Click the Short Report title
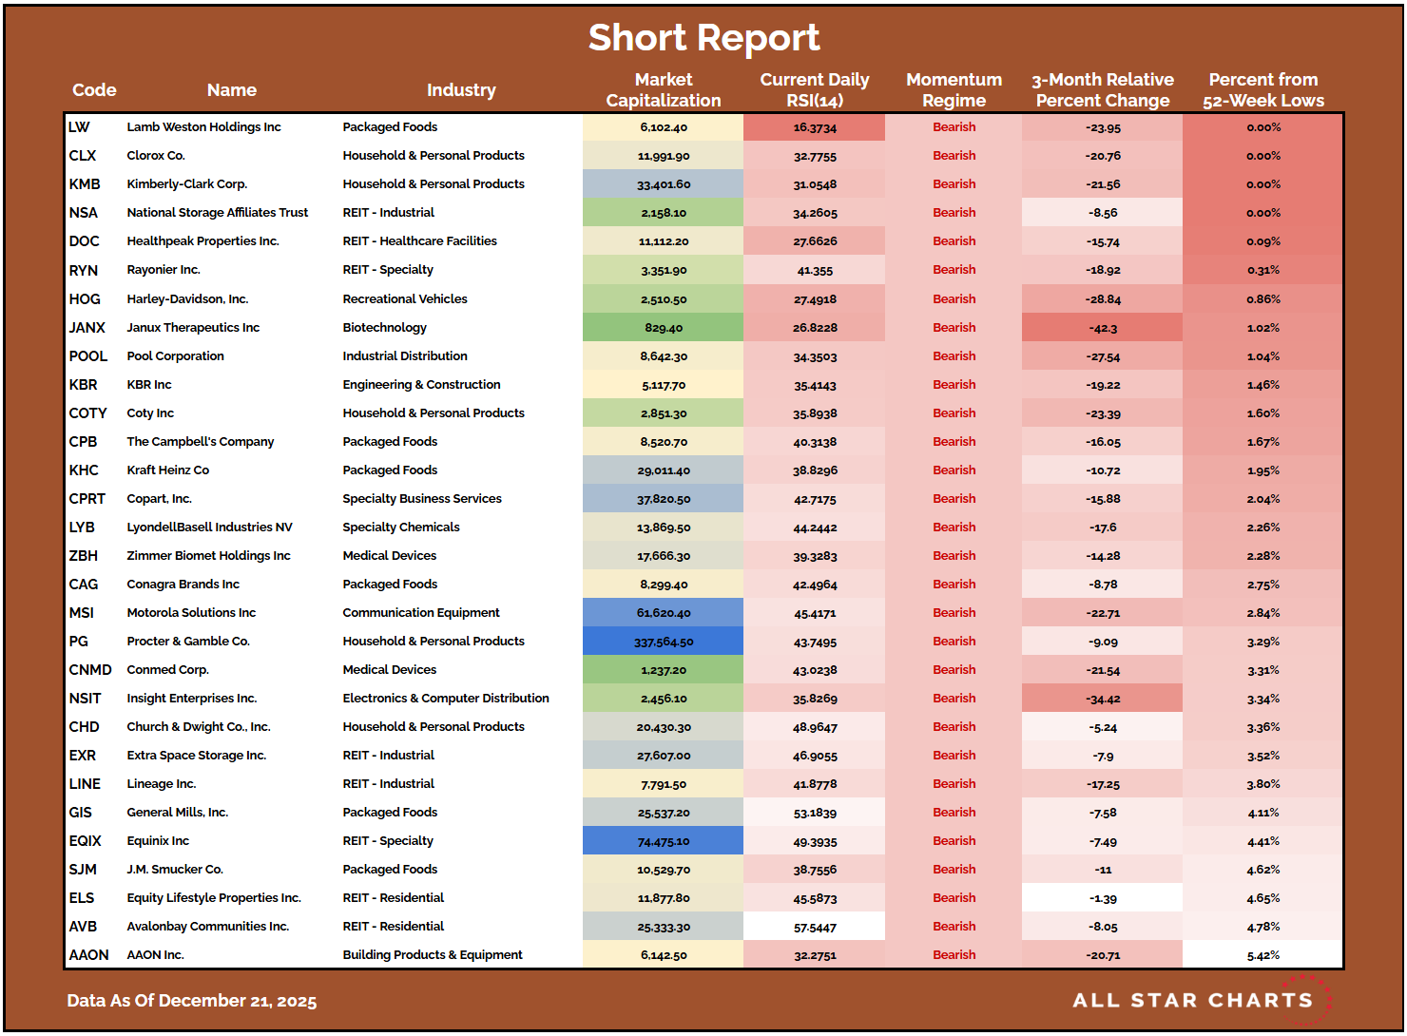click(x=703, y=38)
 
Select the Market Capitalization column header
click(x=663, y=90)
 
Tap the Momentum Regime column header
click(x=954, y=90)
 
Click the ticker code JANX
click(x=87, y=328)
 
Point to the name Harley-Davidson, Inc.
click(x=187, y=299)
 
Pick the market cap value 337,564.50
click(x=664, y=642)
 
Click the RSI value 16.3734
click(x=815, y=127)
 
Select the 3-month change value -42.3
click(x=1103, y=328)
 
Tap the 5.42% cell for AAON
click(x=1262, y=955)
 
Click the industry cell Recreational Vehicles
click(x=405, y=299)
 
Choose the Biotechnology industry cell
click(x=384, y=328)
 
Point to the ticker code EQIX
click(x=85, y=841)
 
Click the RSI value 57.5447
click(x=815, y=927)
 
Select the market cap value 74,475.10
click(x=664, y=841)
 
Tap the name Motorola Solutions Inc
click(x=191, y=613)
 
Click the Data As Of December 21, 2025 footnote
click(x=191, y=1001)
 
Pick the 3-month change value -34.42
click(x=1103, y=699)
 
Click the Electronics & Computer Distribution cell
click(x=446, y=699)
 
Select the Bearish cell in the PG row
click(x=954, y=642)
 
